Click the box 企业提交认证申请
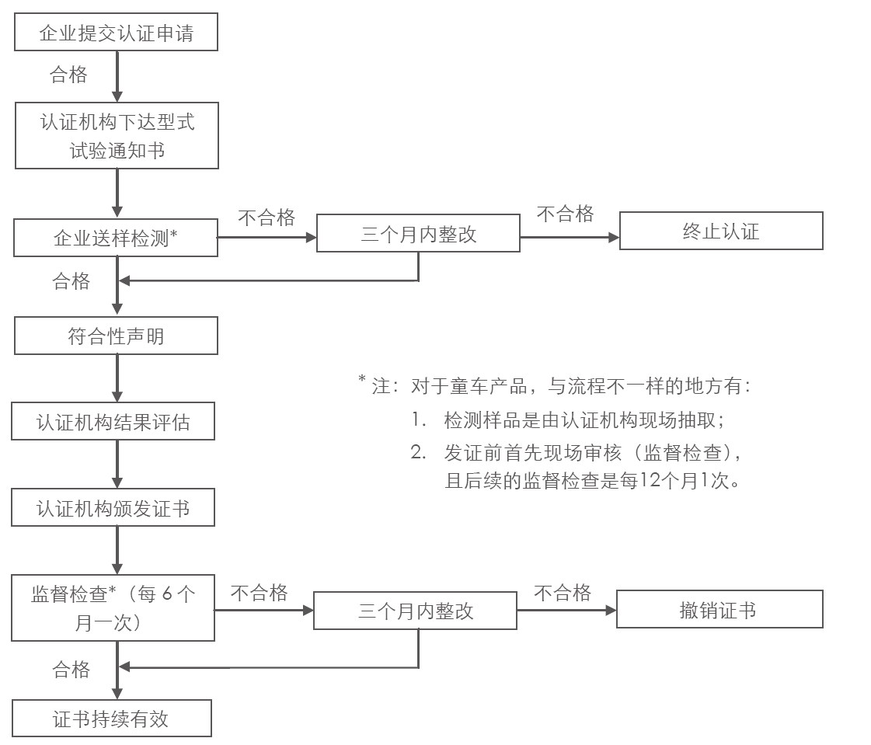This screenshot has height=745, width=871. pos(117,33)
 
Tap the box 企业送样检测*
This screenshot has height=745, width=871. pos(117,237)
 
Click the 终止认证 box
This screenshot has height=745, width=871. pos(720,231)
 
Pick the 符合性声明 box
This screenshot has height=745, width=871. pos(117,337)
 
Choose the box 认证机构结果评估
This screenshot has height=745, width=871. pos(113,423)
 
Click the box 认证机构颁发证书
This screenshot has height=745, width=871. pos(113,509)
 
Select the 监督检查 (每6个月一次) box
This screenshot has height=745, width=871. pos(113,608)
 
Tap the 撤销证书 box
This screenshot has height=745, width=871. pos(719,610)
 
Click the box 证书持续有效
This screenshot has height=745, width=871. pos(111,719)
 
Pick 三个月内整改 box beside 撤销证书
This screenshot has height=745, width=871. pos(415,611)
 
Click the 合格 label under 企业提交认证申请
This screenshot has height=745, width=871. pos(68,75)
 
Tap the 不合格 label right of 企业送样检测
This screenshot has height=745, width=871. pos(267,218)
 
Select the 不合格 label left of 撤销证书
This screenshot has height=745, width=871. pos(563,594)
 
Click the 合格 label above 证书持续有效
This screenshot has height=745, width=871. pos(71,669)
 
